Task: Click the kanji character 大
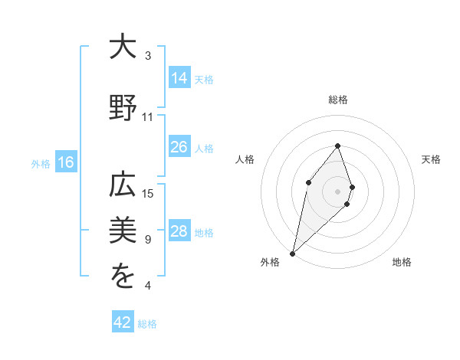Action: (x=123, y=47)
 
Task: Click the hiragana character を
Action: (x=123, y=277)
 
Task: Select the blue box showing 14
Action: (x=179, y=77)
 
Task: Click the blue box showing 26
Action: (x=179, y=147)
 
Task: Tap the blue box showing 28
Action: (x=179, y=231)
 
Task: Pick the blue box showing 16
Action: (x=65, y=162)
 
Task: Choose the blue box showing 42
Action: (x=123, y=322)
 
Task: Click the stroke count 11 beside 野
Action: (x=148, y=117)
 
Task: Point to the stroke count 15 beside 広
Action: (x=148, y=194)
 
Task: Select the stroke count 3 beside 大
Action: (x=148, y=56)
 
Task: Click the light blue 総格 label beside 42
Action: (x=147, y=324)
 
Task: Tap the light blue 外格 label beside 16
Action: (x=41, y=163)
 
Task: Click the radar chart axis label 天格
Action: (x=432, y=159)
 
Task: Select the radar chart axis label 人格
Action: (x=245, y=159)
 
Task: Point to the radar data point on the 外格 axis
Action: (x=292, y=253)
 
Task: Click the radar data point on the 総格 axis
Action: (x=337, y=146)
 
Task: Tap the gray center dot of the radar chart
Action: (x=337, y=191)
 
